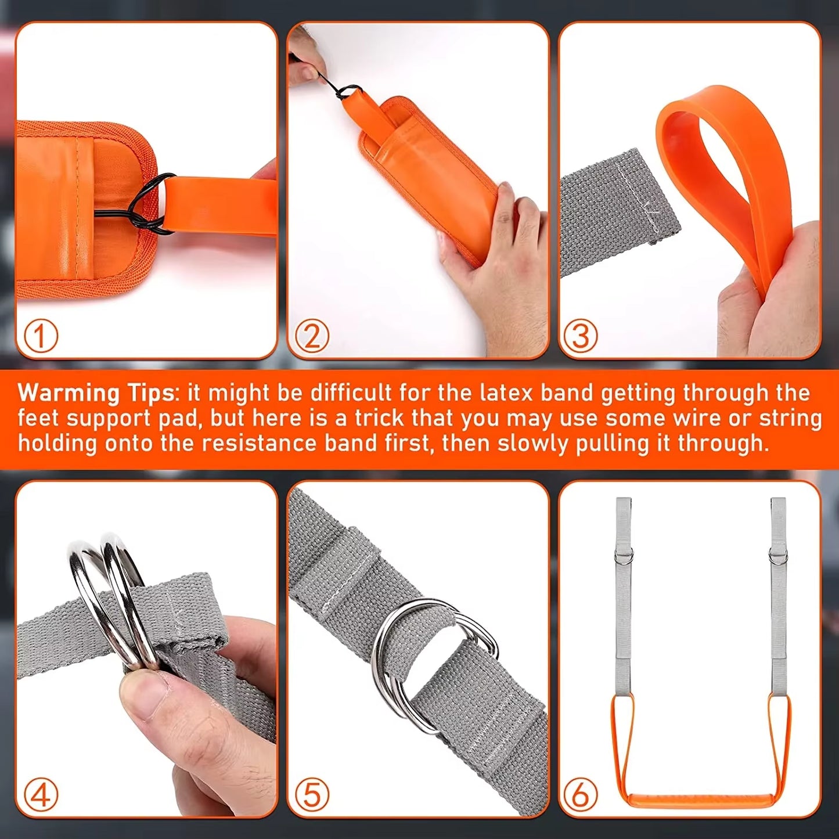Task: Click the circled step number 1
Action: [x=41, y=336]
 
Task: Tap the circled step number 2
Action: [x=312, y=336]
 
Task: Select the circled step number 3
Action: [x=581, y=336]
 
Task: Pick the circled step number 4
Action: [x=41, y=794]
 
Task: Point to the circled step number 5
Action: [x=312, y=794]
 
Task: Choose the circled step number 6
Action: [x=581, y=794]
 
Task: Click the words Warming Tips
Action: [x=96, y=394]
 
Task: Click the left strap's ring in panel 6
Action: [x=624, y=558]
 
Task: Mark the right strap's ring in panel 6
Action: [x=778, y=557]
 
